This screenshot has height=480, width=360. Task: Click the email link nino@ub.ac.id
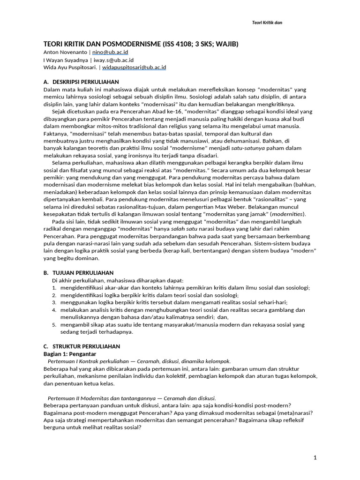pyautogui.click(x=111, y=52)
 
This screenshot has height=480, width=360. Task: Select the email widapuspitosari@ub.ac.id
pyautogui.click(x=134, y=67)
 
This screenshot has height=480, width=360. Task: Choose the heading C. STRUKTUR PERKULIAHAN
pyautogui.click(x=82, y=346)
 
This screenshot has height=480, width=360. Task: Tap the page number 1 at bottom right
pyautogui.click(x=315, y=457)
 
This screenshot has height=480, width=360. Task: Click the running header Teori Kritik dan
pyautogui.click(x=265, y=22)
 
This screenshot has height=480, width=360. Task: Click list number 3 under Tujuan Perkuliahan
pyautogui.click(x=54, y=303)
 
